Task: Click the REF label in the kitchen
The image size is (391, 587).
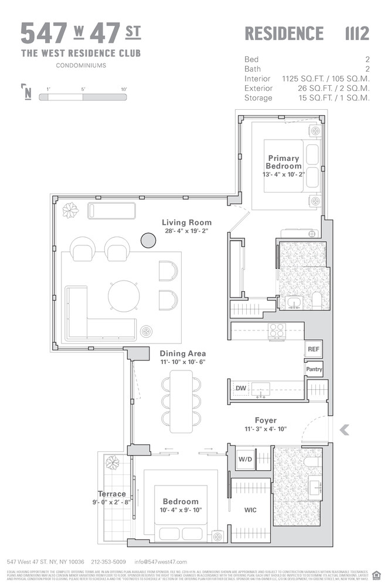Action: tap(314, 349)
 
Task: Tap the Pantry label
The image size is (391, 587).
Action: tap(314, 369)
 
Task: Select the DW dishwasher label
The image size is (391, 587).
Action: tap(240, 388)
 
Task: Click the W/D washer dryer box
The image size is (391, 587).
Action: tap(245, 459)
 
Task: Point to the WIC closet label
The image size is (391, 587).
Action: tap(250, 510)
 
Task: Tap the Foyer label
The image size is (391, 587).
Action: tap(265, 420)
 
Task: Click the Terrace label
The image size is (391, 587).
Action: tap(111, 494)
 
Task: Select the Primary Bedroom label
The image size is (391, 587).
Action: tap(284, 162)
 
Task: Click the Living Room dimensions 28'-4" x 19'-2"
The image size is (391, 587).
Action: tap(186, 232)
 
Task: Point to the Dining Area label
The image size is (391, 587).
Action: tap(182, 353)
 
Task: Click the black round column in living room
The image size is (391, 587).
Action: tap(147, 239)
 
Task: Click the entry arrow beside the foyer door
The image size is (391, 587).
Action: tap(344, 430)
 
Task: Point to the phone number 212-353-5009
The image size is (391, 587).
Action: tap(108, 561)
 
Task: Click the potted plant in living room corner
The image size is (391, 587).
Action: tap(71, 210)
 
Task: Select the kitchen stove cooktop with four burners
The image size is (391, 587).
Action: tap(276, 330)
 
